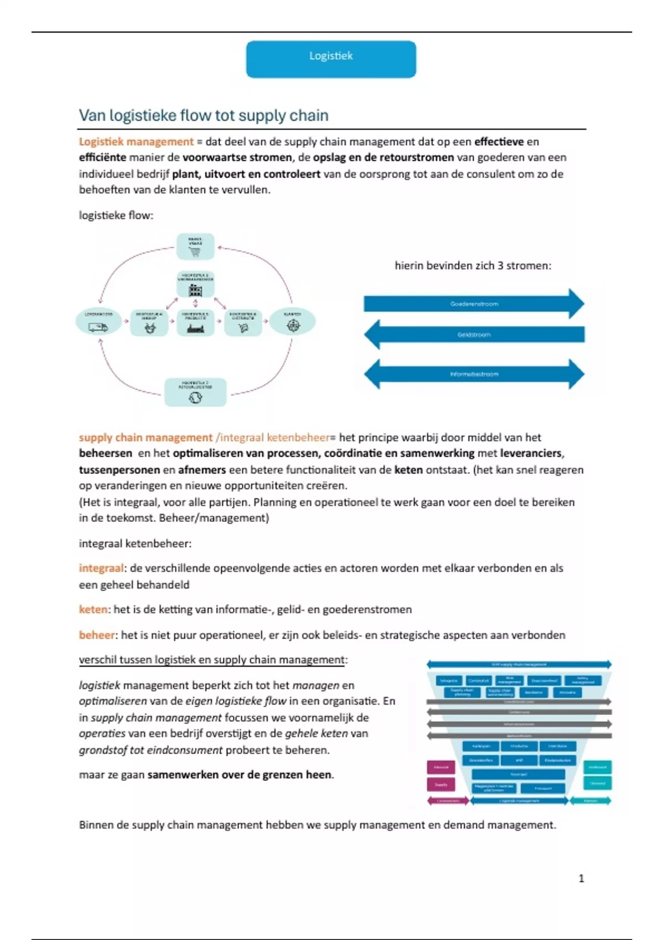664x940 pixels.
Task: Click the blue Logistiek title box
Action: click(331, 59)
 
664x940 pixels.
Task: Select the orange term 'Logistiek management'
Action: click(136, 142)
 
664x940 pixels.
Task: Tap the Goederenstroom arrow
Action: click(474, 304)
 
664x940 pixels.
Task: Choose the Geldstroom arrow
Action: click(474, 335)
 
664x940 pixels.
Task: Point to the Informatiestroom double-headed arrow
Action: click(474, 374)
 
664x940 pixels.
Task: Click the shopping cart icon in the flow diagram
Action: click(195, 252)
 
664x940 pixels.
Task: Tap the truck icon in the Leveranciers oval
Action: click(98, 327)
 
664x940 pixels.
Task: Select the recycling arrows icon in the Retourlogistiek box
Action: click(195, 398)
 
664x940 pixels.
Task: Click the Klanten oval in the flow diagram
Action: click(292, 321)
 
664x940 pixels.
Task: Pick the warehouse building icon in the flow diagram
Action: click(195, 290)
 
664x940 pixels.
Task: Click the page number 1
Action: click(581, 878)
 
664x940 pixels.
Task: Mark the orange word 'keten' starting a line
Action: click(93, 609)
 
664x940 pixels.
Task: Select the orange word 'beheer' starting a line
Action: click(97, 635)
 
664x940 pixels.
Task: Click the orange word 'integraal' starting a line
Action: click(101, 568)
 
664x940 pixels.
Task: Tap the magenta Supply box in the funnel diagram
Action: click(441, 784)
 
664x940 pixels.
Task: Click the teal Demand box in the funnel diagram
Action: click(597, 783)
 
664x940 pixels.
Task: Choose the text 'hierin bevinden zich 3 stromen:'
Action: click(473, 265)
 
